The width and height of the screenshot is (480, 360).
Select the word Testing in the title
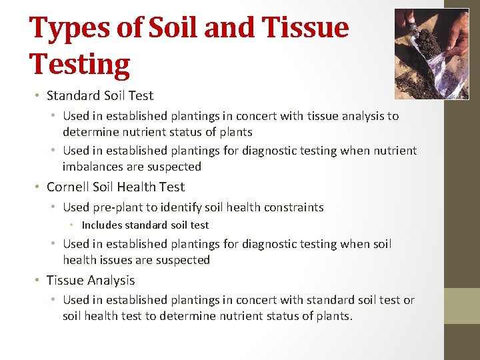tap(80, 65)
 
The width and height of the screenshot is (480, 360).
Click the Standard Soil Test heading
tap(100, 95)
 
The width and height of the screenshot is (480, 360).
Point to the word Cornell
tap(71, 187)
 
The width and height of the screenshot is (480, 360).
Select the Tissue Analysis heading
tap(91, 281)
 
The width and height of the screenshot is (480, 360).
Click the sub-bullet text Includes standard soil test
tap(145, 225)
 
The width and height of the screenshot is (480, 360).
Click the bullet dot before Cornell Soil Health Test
tap(40, 187)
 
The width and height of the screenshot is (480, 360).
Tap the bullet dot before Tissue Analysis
tap(40, 281)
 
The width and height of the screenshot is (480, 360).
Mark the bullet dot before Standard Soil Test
tap(40, 95)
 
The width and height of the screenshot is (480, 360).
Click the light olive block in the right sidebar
tap(462, 305)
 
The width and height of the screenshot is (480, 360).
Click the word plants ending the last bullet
tap(331, 316)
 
